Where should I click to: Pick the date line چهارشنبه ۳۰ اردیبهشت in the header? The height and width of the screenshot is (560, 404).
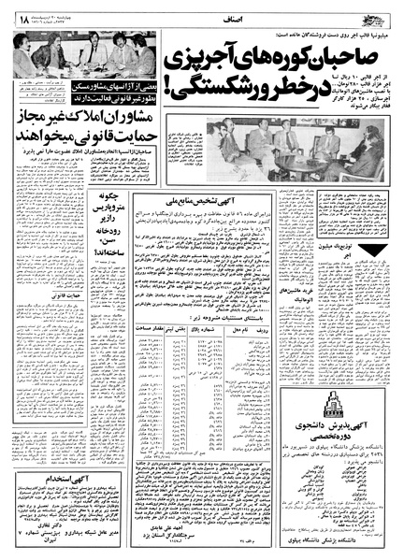[x=65, y=7]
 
